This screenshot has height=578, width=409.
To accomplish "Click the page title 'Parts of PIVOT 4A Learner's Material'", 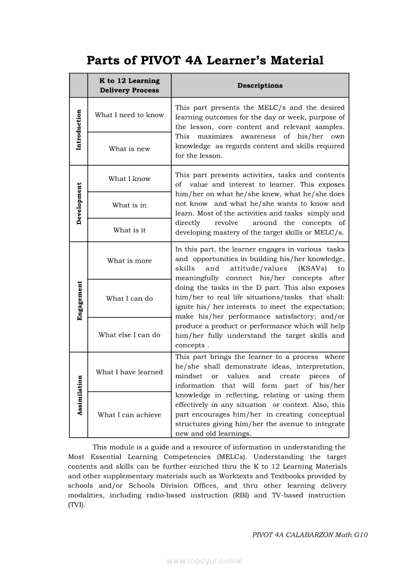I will coord(205,60).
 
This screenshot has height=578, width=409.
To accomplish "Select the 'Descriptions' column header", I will coord(260,86).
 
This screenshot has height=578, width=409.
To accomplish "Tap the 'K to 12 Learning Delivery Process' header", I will coord(129,86).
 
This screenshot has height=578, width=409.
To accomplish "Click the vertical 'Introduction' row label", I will coord(78,131).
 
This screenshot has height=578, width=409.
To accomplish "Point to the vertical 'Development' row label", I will coord(78,203).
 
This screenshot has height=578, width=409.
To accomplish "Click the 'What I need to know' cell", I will coord(129,115).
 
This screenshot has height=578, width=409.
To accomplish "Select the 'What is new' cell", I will coord(129,149).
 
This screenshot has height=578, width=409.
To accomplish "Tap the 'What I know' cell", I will coord(129,179).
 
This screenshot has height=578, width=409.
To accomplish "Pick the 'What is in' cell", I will coord(129,205).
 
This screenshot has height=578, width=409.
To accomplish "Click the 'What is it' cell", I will coord(129,230).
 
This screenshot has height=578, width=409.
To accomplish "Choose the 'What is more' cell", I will coord(129,261).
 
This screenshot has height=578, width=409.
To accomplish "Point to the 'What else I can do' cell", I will coord(129,335).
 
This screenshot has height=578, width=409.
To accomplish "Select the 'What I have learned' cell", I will coord(129,372).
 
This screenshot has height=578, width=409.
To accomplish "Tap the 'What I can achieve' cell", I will coord(129,415).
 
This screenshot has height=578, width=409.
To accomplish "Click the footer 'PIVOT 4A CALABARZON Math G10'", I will coord(310,534).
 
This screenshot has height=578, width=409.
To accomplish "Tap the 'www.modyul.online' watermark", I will coord(204,561).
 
